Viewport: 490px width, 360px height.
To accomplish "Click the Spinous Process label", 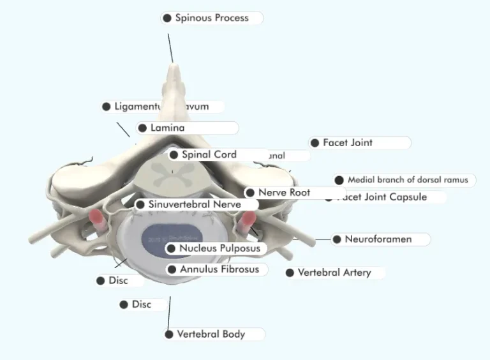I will click(x=211, y=18).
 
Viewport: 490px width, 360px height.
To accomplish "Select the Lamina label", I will click(x=167, y=128).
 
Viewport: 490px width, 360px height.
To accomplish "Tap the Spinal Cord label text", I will click(x=209, y=154).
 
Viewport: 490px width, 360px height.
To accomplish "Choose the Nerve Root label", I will click(x=284, y=192).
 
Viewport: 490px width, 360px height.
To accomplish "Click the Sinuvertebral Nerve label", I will click(x=194, y=205).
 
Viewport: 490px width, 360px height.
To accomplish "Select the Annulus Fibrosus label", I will click(x=219, y=269).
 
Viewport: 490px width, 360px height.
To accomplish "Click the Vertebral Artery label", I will click(x=334, y=273).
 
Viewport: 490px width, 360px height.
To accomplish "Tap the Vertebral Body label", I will click(x=211, y=334).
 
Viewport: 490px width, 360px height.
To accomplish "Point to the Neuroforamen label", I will click(x=378, y=239).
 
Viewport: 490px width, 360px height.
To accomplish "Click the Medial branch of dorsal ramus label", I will click(x=408, y=180).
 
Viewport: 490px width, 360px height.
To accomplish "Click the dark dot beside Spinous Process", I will click(x=167, y=18).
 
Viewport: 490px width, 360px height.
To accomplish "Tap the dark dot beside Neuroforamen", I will click(x=337, y=239).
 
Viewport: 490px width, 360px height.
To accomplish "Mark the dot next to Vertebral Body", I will click(x=169, y=334).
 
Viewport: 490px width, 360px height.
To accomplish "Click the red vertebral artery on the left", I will click(x=98, y=220).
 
